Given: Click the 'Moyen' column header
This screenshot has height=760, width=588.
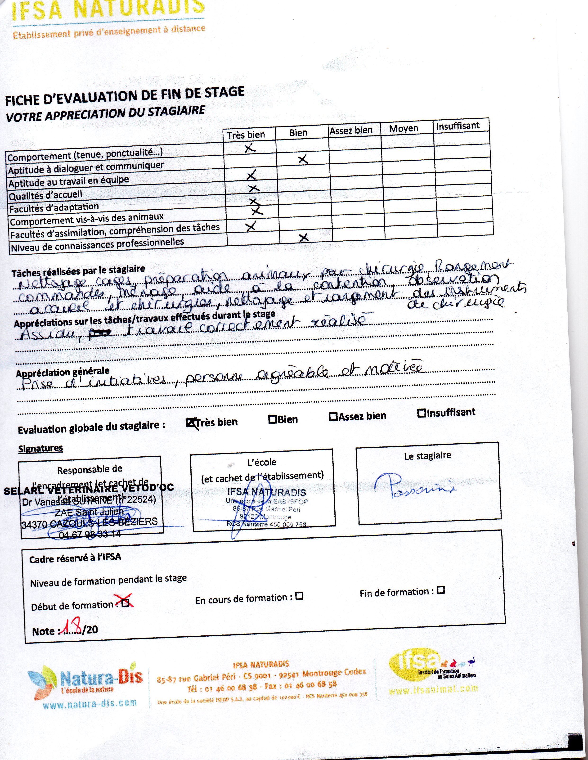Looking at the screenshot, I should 403,129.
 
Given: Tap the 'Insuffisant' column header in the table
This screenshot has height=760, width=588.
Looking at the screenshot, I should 458,126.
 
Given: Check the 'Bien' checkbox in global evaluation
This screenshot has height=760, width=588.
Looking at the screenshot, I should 272,419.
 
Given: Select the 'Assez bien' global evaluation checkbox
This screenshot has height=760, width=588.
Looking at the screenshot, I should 333,417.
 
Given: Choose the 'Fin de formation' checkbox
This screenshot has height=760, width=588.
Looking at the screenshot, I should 441,590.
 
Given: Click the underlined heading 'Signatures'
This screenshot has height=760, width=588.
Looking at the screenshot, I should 41,448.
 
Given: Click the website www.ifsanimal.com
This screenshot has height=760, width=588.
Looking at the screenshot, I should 433,689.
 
